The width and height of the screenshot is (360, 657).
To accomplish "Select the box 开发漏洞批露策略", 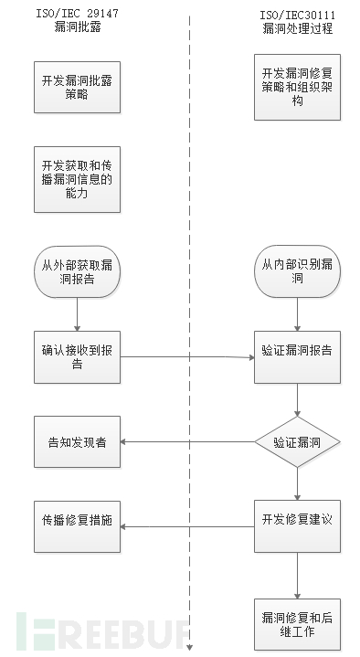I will point(78,88).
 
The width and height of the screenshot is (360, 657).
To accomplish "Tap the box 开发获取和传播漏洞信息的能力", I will point(78,173).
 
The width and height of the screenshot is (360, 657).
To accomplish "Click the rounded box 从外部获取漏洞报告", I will point(78,271).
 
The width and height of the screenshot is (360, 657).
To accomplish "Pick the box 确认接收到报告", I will point(78,356).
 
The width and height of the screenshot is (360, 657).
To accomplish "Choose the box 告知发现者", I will point(78,442).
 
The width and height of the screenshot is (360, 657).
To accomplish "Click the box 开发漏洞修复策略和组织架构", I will point(298,88).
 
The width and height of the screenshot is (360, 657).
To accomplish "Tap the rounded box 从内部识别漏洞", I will point(298,271).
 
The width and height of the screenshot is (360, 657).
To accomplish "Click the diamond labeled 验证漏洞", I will point(298,442).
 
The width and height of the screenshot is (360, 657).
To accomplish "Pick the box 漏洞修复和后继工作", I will point(298,624).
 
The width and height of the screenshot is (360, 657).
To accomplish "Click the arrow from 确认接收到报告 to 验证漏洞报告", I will point(187,356).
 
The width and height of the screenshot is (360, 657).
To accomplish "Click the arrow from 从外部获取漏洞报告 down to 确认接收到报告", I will point(78,313).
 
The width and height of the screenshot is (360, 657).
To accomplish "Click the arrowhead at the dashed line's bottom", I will point(190,647).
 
